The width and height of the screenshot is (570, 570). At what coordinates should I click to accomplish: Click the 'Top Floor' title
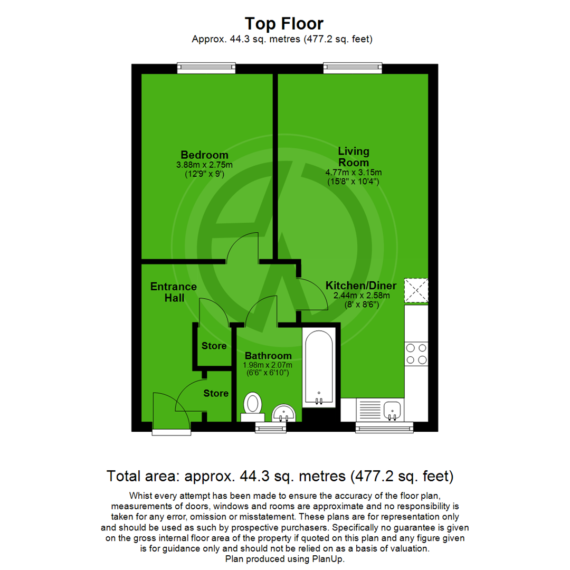coord(284,23)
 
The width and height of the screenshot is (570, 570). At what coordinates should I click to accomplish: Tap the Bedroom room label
coord(204,155)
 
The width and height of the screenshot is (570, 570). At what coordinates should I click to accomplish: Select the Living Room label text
coord(354,157)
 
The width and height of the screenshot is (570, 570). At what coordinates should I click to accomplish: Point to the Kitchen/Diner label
coord(360,286)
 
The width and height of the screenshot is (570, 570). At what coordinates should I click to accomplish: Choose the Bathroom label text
coord(267,356)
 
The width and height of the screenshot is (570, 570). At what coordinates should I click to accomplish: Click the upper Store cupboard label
coord(214,346)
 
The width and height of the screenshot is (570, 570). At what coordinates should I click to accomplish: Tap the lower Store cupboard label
coord(216,393)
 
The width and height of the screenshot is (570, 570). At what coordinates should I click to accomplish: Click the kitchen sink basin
coord(392,410)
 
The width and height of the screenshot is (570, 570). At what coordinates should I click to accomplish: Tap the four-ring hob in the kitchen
coord(416,354)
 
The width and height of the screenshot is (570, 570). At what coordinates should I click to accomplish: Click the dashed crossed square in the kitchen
coord(416,291)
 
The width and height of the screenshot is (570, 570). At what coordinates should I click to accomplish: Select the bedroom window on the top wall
coord(206,67)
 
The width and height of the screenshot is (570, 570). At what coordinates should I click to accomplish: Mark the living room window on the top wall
coord(353,67)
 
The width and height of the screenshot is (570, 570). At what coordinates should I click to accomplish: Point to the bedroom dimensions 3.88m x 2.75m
coord(204,165)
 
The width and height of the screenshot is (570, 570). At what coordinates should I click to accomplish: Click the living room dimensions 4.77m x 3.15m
coord(354,172)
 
